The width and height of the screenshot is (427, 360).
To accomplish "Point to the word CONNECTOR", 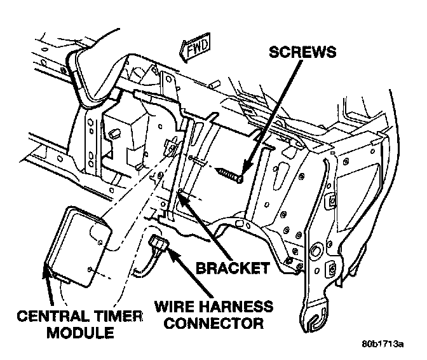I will coord(208,323).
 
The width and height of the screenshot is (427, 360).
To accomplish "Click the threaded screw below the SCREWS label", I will coord(231,175).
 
